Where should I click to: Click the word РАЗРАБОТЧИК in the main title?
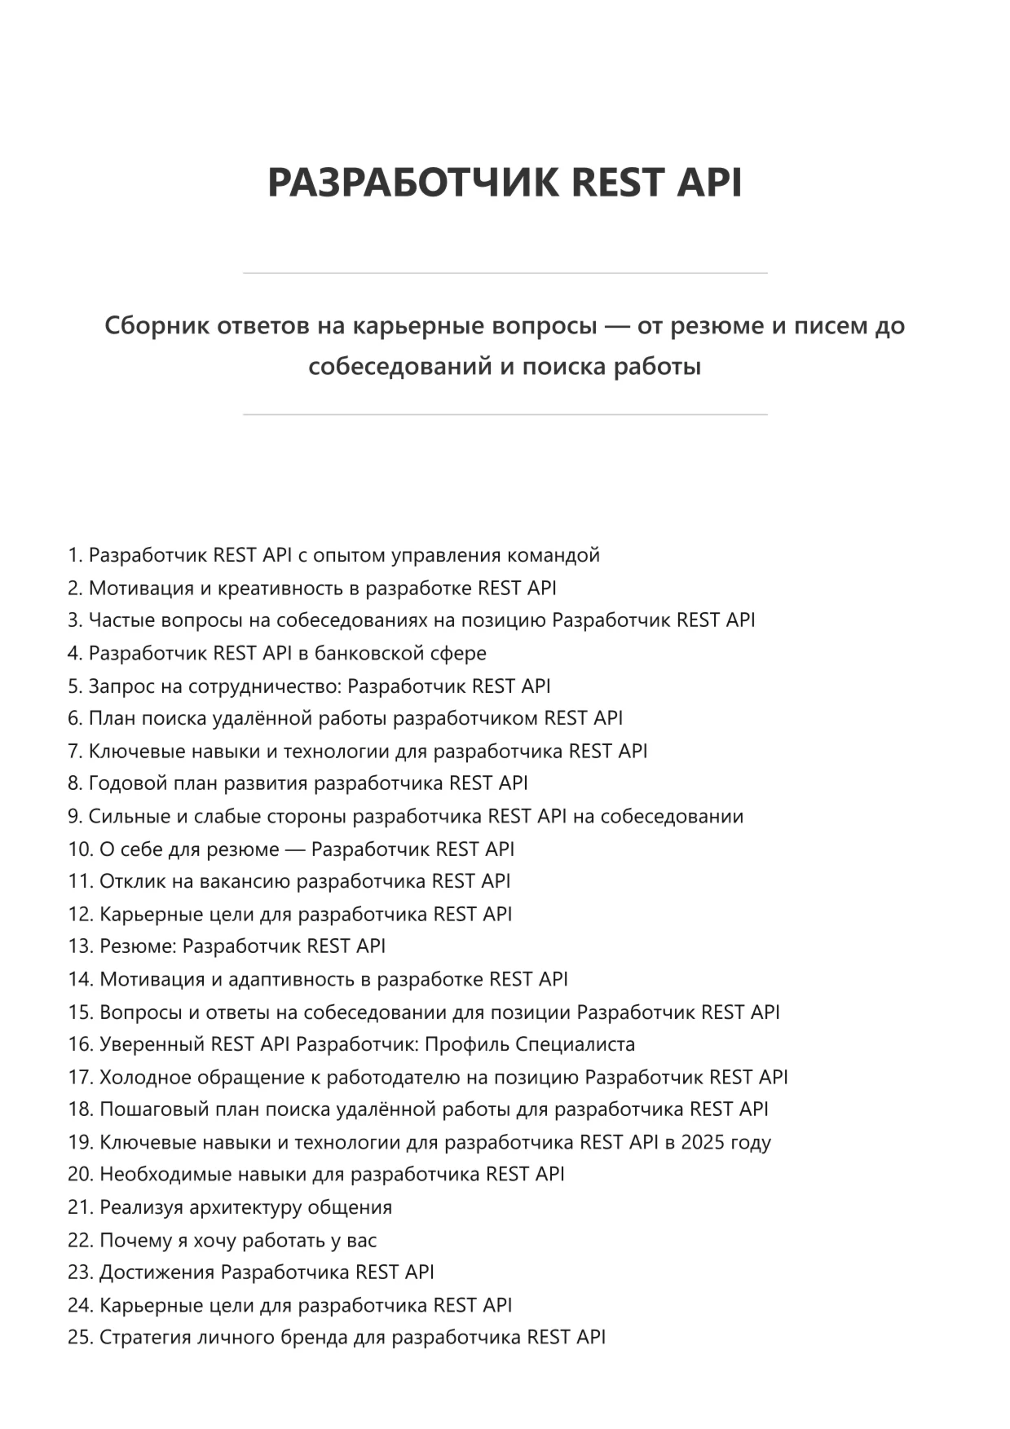(413, 182)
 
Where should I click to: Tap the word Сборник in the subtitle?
(155, 325)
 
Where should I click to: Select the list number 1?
(74, 555)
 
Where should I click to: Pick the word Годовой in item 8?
(128, 783)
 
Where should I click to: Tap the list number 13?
(80, 946)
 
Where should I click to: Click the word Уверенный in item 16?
(152, 1044)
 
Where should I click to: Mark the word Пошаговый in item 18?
(149, 1109)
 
